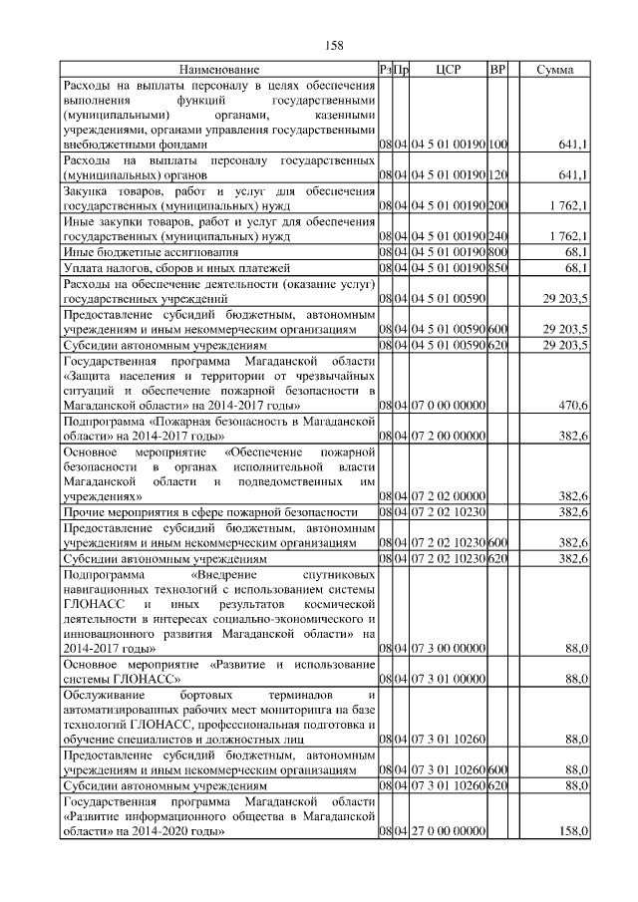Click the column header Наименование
(x=219, y=70)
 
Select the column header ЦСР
(x=447, y=70)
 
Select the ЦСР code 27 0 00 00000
(x=447, y=830)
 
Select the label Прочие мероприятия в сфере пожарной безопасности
(x=209, y=511)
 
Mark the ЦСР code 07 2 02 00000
(x=447, y=496)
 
